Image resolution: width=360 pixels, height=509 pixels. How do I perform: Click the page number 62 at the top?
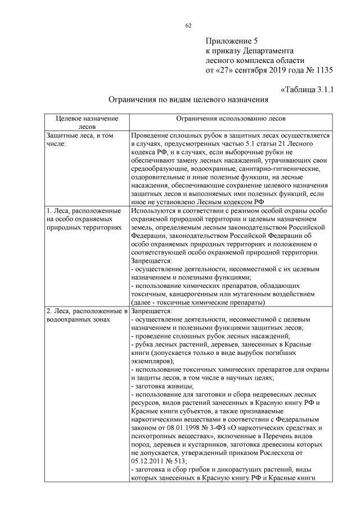pyautogui.click(x=188, y=25)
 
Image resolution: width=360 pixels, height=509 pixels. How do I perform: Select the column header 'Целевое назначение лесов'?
pyautogui.click(x=87, y=123)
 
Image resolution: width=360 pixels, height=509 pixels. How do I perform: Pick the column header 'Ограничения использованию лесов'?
pyautogui.click(x=230, y=119)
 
